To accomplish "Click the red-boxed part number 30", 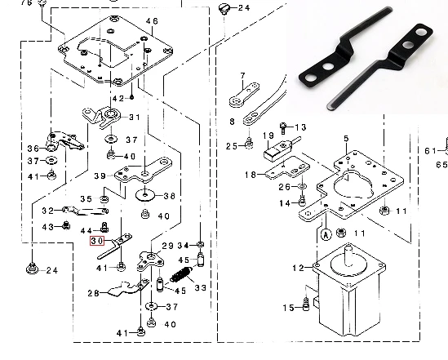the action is click(97, 241).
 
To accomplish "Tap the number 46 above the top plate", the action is click(152, 21).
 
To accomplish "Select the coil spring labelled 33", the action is click(181, 274).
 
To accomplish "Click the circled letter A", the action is click(326, 235).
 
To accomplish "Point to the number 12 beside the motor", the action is click(299, 268).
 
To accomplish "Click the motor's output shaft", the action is click(348, 255).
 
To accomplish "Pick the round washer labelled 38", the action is click(145, 195).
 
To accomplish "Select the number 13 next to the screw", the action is click(300, 127).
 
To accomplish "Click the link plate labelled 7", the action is click(244, 95).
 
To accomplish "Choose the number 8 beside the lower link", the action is click(232, 122).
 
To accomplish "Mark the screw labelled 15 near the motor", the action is click(306, 304).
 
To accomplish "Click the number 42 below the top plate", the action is click(118, 99).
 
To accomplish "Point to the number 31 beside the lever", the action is click(135, 118).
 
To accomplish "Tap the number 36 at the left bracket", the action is click(33, 149).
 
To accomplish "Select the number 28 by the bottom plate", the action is click(93, 293).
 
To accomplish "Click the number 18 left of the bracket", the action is click(251, 175).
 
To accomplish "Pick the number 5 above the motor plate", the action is click(346, 139).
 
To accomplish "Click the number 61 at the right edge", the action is click(431, 150).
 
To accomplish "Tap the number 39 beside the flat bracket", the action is click(100, 176).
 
